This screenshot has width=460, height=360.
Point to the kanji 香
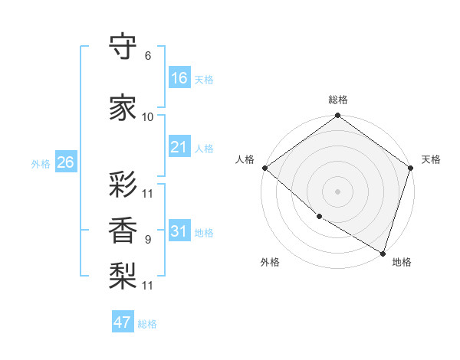[123, 231]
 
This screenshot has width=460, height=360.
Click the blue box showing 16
[179, 78]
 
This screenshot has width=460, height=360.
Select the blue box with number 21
[179, 147]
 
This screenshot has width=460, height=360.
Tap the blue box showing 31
[179, 231]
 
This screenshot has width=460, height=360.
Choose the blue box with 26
[65, 162]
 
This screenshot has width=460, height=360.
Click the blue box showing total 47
[123, 322]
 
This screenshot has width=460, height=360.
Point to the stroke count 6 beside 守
[148, 56]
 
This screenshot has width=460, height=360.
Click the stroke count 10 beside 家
[148, 117]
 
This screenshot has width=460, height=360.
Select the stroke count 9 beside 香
[148, 240]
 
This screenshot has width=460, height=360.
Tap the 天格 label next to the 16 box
[204, 79]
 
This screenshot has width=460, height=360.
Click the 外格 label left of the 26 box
[41, 163]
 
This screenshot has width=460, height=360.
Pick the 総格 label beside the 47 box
[147, 323]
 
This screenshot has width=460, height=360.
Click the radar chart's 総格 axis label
[338, 100]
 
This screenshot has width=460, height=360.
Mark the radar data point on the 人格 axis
[264, 168]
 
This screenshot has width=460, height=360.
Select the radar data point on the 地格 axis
[383, 252]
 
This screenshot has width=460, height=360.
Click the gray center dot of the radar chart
[338, 191]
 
